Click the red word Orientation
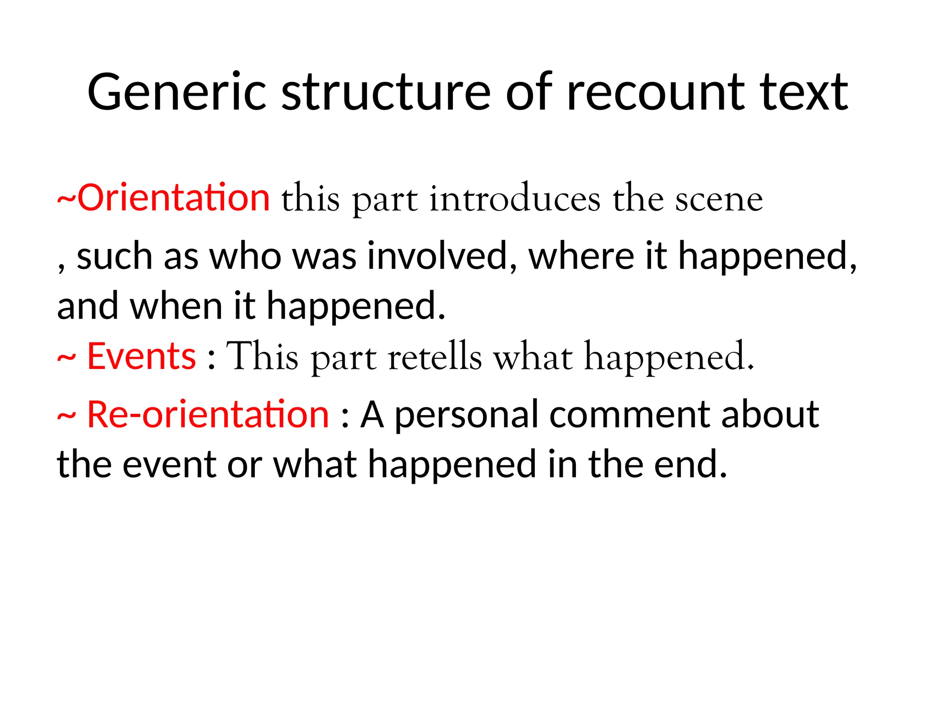pyautogui.click(x=173, y=198)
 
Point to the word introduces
pyautogui.click(x=514, y=199)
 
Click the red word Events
pyautogui.click(x=141, y=357)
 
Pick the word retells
pyautogui.click(x=435, y=357)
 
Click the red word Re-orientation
pyautogui.click(x=208, y=415)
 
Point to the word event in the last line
pyautogui.click(x=169, y=465)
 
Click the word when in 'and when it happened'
pyautogui.click(x=176, y=306)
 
